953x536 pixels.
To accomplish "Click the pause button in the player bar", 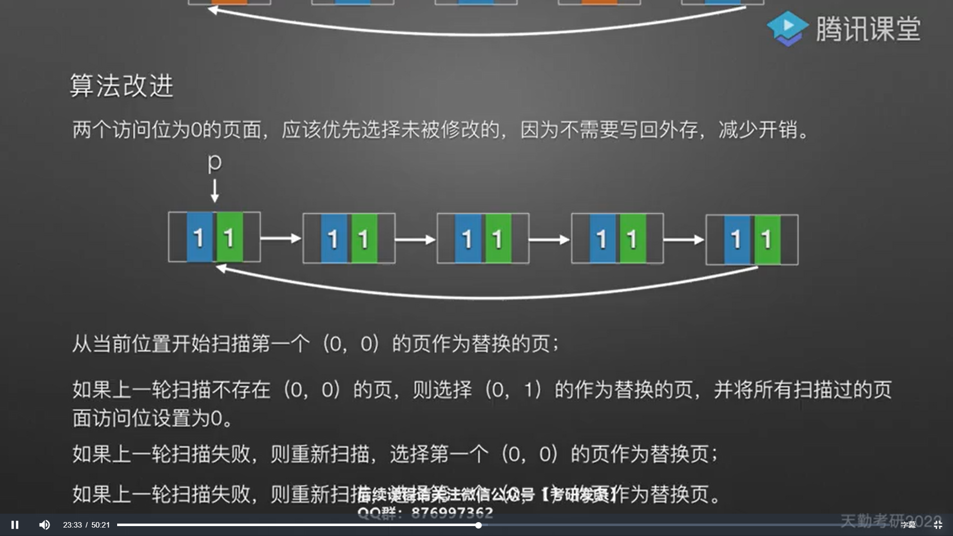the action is [15, 525].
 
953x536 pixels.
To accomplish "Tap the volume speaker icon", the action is [44, 525].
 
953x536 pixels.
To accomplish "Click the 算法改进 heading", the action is [122, 86].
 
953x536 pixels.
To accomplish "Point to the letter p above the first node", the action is [214, 162].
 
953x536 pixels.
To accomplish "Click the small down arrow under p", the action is [214, 191].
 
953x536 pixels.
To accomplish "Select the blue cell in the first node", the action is [200, 237].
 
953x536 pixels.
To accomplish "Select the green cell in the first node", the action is [229, 237].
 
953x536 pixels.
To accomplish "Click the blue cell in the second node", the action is [334, 239].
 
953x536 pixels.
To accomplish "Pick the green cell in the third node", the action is [498, 239].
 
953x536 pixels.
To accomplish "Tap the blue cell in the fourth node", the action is [602, 239].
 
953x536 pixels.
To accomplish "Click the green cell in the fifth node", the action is [767, 240].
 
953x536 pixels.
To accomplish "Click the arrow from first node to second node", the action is [281, 239].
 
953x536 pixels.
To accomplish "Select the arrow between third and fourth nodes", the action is [549, 240].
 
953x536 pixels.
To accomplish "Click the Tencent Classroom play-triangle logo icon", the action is [787, 28].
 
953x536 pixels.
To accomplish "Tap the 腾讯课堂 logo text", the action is [869, 29].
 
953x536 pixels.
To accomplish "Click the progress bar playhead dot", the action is [478, 525].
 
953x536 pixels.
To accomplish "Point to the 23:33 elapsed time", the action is [72, 525].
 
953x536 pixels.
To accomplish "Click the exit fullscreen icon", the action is [938, 525].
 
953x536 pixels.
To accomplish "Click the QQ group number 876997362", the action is [452, 513].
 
